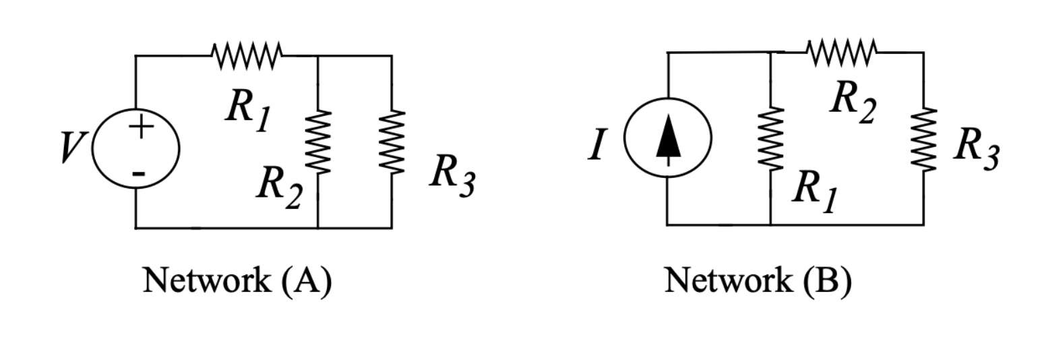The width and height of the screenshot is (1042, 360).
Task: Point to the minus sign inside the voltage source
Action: (x=137, y=173)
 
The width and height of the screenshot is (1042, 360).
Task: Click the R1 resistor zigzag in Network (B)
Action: (x=770, y=139)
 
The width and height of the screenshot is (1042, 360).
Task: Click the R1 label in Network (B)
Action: (x=814, y=189)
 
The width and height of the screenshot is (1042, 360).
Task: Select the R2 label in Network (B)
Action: (x=852, y=101)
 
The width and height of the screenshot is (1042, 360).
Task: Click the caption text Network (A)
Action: (x=237, y=279)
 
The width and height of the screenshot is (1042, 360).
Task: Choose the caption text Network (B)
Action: (x=758, y=279)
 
